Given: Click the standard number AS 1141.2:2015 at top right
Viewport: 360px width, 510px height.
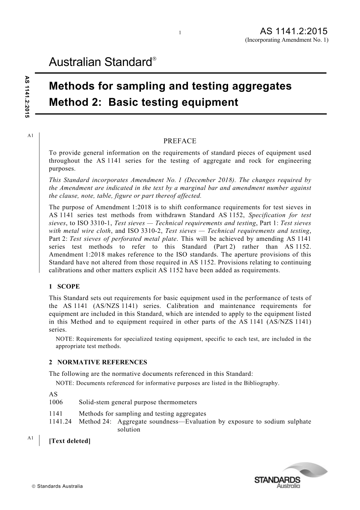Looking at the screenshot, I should tap(294, 31).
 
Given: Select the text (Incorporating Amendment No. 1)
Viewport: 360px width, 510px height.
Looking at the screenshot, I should tap(286, 40).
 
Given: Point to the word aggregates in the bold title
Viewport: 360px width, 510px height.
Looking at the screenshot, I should tap(257, 86).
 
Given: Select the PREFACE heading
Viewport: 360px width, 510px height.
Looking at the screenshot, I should tap(180, 141).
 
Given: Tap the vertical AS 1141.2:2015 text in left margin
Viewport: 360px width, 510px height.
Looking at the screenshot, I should tap(27, 97).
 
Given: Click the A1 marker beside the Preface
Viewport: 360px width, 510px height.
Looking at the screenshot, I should tap(31, 135).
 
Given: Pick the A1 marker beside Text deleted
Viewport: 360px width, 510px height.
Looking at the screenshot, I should tap(31, 438).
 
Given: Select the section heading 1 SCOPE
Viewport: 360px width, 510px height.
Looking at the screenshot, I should tap(64, 287).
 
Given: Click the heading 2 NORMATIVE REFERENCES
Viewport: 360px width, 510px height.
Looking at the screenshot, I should tap(98, 362).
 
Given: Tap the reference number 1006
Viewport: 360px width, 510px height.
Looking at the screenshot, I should tap(56, 402).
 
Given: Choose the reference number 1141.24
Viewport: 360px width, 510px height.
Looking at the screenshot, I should tap(60, 421).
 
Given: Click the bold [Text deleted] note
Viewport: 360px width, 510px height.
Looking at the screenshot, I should tap(70, 441).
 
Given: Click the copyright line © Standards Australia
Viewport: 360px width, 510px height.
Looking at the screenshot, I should tap(57, 486).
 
